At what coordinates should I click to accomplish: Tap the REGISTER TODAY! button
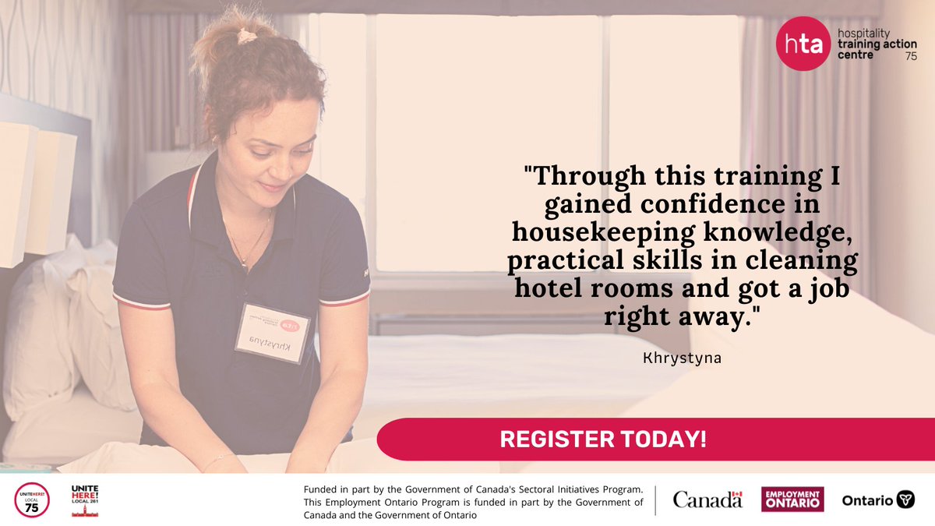pos(603,439)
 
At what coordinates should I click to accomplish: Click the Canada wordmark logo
pos(707,500)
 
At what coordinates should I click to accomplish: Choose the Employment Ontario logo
pos(792,500)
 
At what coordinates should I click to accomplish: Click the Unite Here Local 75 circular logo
pos(31,500)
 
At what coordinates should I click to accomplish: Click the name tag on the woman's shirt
pos(273,334)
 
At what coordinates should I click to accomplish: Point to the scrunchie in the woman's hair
pos(248,36)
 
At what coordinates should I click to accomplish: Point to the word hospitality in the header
pos(866,34)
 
